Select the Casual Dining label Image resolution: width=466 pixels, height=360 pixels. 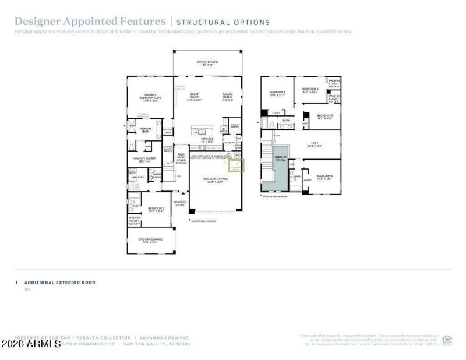click(228, 97)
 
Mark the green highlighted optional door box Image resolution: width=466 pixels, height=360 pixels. click(238, 165)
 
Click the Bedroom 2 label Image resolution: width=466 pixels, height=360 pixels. click(156, 209)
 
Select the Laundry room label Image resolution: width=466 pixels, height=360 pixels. click(137, 177)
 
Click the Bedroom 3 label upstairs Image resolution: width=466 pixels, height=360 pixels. click(277, 93)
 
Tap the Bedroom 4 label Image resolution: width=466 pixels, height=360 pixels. click(310, 90)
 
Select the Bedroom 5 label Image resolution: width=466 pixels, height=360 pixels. click(324, 117)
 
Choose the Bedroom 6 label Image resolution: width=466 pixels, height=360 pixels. click(324, 177)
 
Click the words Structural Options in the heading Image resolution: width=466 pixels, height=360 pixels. click(223, 22)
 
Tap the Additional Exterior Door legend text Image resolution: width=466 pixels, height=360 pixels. click(59, 283)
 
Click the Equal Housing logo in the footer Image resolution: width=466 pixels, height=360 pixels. click(447, 339)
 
